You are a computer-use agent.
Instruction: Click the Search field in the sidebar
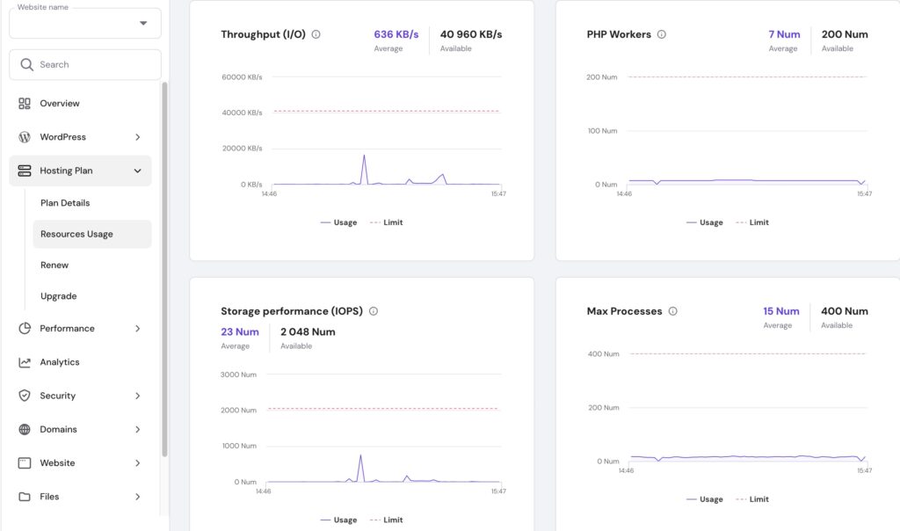click(x=85, y=64)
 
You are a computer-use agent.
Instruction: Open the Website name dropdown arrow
click(x=143, y=24)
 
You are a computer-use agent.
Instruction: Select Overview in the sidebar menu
click(x=59, y=104)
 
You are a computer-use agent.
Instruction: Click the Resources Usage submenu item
click(x=76, y=234)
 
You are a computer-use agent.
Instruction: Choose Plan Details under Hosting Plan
click(x=65, y=203)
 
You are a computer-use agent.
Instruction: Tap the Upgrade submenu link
click(x=58, y=296)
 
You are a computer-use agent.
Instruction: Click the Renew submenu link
click(x=54, y=265)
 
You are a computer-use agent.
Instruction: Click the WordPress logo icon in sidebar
click(x=25, y=137)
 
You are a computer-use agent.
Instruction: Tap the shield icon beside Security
click(x=25, y=396)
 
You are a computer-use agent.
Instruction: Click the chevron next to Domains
click(x=137, y=430)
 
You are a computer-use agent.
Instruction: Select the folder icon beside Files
click(x=25, y=497)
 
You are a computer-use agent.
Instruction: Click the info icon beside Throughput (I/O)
click(x=316, y=35)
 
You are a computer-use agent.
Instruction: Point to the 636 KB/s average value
click(x=396, y=34)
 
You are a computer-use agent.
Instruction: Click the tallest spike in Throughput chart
click(x=364, y=156)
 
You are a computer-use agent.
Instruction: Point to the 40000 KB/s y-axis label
click(x=242, y=113)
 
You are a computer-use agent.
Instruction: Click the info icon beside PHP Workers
click(x=662, y=35)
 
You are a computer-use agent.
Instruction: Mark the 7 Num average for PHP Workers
click(x=784, y=34)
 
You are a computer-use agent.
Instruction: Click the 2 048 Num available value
click(x=308, y=331)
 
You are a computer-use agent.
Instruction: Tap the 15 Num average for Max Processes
click(x=780, y=311)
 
